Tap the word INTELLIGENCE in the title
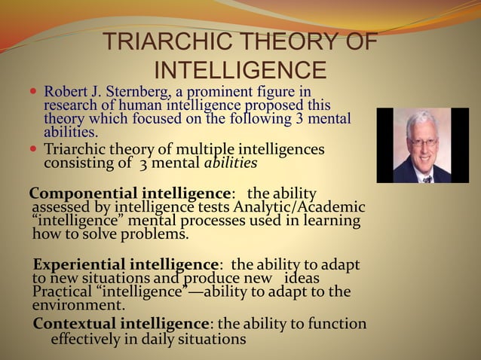(x=240, y=71)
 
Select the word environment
(x=78, y=306)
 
